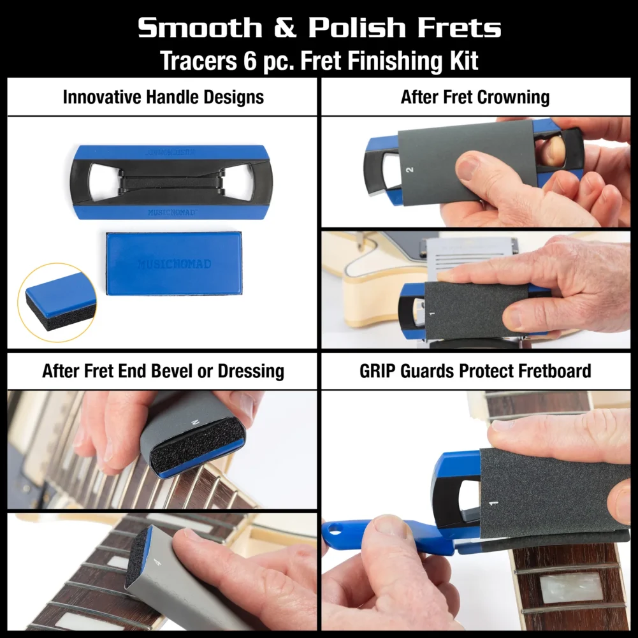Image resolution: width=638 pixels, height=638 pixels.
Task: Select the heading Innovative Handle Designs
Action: [163, 98]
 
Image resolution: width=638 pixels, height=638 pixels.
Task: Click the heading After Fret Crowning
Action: [475, 98]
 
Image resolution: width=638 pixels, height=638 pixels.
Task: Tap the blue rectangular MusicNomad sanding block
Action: [173, 263]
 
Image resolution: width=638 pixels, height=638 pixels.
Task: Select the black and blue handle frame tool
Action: [170, 182]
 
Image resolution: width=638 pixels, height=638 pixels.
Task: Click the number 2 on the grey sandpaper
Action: [409, 170]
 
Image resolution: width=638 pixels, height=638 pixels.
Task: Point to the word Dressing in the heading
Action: [250, 371]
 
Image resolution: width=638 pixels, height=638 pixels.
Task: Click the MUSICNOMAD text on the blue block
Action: [173, 264]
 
